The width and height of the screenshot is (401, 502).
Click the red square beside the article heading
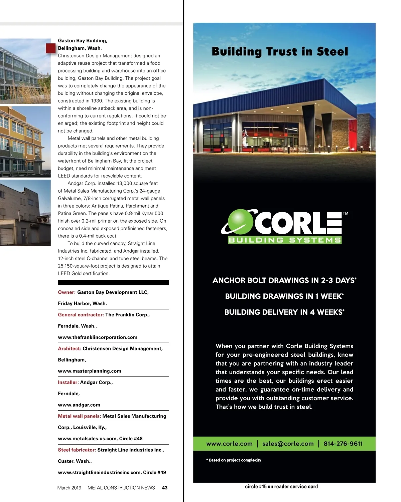pos(51,48)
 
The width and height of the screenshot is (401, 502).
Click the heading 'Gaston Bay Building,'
pos(83,41)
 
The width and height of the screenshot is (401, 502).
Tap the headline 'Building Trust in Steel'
pos(280,51)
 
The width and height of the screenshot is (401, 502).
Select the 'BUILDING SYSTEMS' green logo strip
pos(284,240)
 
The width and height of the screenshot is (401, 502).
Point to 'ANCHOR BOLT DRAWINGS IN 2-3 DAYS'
pos(284,280)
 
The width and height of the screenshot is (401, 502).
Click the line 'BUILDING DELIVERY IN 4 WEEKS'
pos(284,312)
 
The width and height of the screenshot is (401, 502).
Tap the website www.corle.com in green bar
pos(229,444)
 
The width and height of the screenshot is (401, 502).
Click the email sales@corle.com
pos(288,444)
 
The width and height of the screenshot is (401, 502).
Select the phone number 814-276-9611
pos(343,444)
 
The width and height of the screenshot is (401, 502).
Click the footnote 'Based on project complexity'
pos(235,460)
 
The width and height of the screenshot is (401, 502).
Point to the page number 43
pos(165,488)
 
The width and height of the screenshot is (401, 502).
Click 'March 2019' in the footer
pos(69,488)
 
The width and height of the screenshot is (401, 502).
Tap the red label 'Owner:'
pos(66,292)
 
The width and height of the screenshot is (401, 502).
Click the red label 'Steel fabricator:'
pos(77,450)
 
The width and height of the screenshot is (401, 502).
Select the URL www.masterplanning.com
pos(90,371)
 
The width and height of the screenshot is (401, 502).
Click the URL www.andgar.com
pos(79,405)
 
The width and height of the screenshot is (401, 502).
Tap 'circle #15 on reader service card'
pos(281,487)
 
